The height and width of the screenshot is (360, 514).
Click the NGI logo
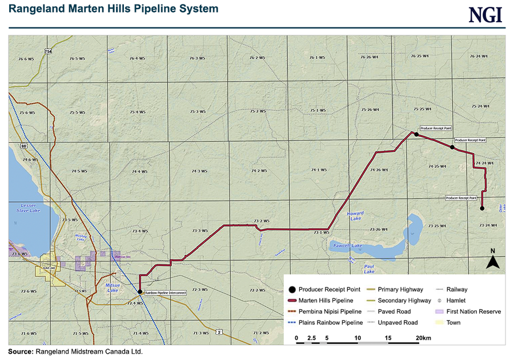pos(486,15)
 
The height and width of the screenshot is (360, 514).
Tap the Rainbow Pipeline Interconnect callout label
pos(165,293)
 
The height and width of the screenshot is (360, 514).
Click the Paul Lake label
pos(369,269)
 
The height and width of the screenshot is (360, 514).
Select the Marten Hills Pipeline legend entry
pos(326,301)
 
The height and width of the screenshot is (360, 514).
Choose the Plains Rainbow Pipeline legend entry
pos(330,322)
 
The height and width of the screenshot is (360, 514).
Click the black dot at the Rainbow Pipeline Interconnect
pos(140,291)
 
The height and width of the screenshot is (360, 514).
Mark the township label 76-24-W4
pos(477,57)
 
